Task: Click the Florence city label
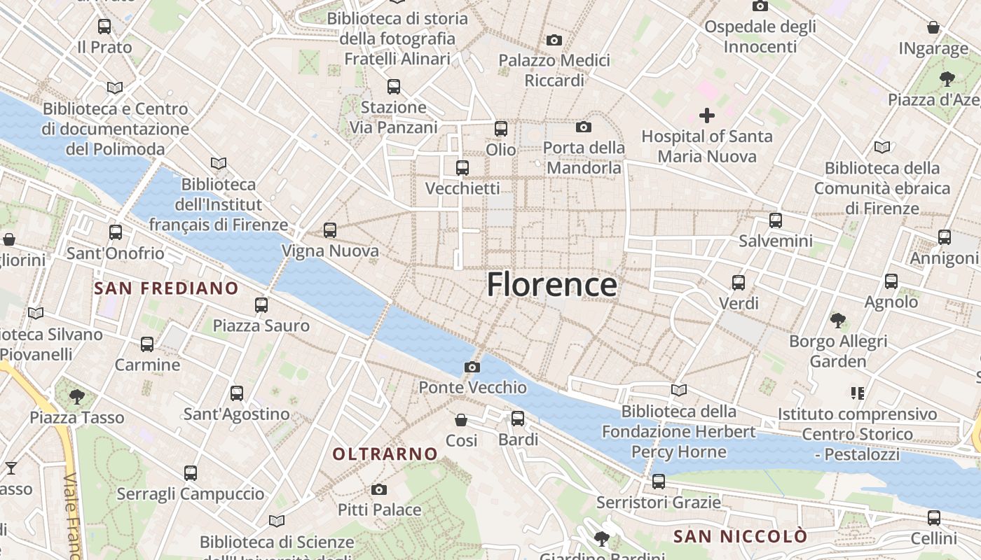[x=551, y=285]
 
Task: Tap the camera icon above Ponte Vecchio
[x=472, y=367]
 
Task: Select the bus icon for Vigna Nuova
[x=330, y=230]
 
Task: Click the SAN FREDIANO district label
[x=167, y=288]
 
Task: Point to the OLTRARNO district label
[x=385, y=454]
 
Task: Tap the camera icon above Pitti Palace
[x=379, y=489]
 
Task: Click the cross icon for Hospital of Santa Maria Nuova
[x=707, y=115]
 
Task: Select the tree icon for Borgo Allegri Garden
[x=837, y=321]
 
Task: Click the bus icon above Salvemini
[x=776, y=220]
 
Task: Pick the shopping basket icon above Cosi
[x=461, y=420]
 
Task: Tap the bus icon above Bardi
[x=518, y=419]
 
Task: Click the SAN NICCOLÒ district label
[x=740, y=537]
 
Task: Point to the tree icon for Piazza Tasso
[x=77, y=397]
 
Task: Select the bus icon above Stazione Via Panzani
[x=394, y=87]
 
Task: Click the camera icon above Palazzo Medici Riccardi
[x=554, y=40]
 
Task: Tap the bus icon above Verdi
[x=739, y=283]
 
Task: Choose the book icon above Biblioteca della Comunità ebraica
[x=881, y=147]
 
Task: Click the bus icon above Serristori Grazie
[x=659, y=482]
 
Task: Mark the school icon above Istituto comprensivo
[x=858, y=393]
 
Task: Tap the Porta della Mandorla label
[x=584, y=157]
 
